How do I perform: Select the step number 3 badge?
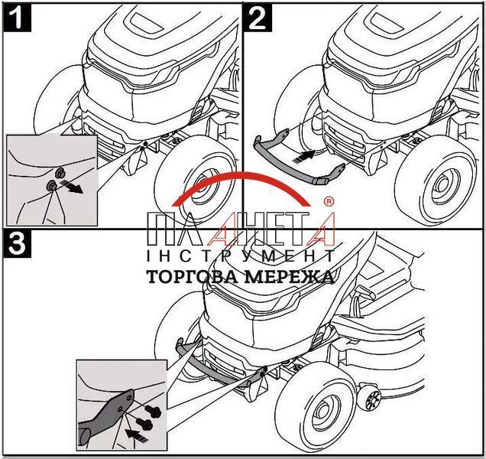(18, 243)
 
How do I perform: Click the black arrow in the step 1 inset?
(72, 186)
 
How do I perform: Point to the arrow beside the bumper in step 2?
(304, 156)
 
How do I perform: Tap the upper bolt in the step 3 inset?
(154, 412)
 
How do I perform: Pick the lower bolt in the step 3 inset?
(144, 423)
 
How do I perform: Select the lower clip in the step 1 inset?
(51, 186)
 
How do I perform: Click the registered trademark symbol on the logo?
(329, 201)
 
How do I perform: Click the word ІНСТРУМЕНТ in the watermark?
(241, 256)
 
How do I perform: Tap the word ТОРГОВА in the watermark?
(192, 277)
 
